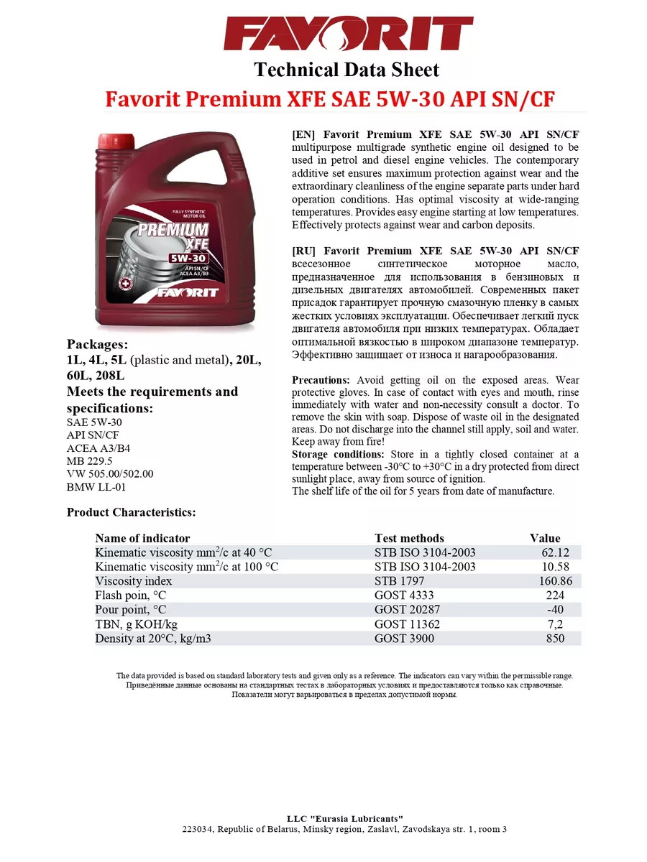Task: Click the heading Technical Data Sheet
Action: tap(346, 70)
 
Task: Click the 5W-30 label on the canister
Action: tap(189, 258)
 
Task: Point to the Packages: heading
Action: tap(97, 343)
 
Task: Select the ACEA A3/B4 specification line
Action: tap(98, 448)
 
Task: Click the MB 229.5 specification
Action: tap(91, 461)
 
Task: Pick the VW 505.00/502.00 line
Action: tap(110, 474)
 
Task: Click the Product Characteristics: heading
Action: tap(132, 512)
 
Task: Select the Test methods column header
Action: tap(409, 538)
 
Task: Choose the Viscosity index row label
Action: tap(134, 581)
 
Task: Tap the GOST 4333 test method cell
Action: tap(404, 595)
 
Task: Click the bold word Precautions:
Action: tap(321, 380)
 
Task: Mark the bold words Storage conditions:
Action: tap(338, 455)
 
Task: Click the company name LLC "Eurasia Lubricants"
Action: tap(345, 819)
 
